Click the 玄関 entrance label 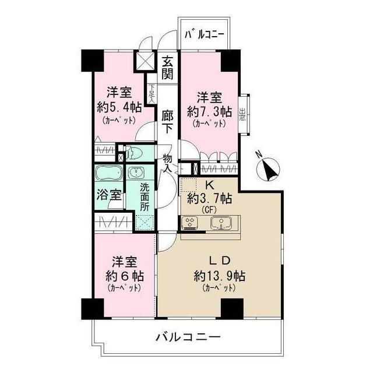(167, 68)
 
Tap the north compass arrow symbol (269, 169)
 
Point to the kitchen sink (221, 223)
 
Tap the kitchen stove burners (190, 223)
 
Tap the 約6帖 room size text (122, 275)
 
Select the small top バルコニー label (204, 35)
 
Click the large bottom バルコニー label (188, 337)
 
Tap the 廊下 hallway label (167, 121)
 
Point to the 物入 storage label (167, 162)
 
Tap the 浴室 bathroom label (109, 196)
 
